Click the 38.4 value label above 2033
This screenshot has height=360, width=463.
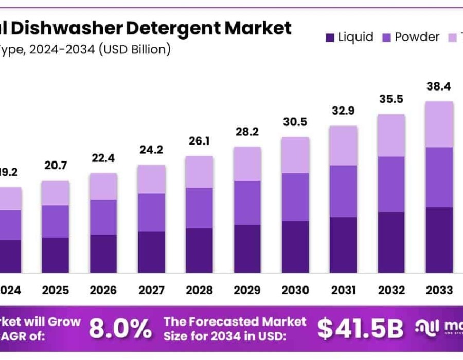click(439, 87)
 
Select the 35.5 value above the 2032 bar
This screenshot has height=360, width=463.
click(390, 99)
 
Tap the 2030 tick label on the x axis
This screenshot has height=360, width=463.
click(295, 291)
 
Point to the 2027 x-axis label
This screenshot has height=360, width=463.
click(151, 291)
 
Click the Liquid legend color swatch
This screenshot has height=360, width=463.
click(330, 38)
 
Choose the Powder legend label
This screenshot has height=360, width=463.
click(417, 37)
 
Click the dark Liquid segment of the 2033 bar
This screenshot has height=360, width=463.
click(439, 240)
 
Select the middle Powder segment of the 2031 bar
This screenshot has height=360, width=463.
click(343, 191)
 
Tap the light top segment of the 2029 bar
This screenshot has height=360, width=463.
click(247, 164)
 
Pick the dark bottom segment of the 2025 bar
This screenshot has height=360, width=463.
click(56, 255)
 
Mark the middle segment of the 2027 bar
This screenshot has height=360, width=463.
click(151, 212)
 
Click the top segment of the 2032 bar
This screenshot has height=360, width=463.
click(390, 135)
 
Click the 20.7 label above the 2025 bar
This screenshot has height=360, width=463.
click(56, 166)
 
